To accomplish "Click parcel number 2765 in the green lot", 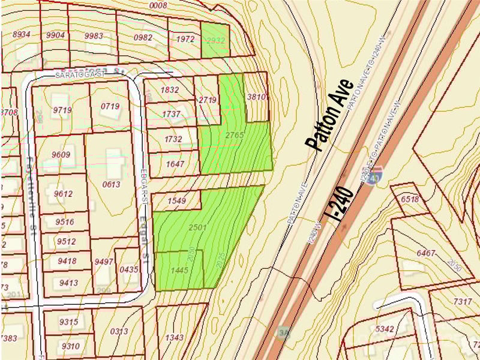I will (x=235, y=136).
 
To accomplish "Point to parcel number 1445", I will (x=179, y=270).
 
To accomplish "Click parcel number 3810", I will (x=256, y=97).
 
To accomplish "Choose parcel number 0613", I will (x=111, y=184).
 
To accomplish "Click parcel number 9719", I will (x=62, y=110).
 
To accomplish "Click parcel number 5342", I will (x=384, y=328).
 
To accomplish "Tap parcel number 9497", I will (x=104, y=261).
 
